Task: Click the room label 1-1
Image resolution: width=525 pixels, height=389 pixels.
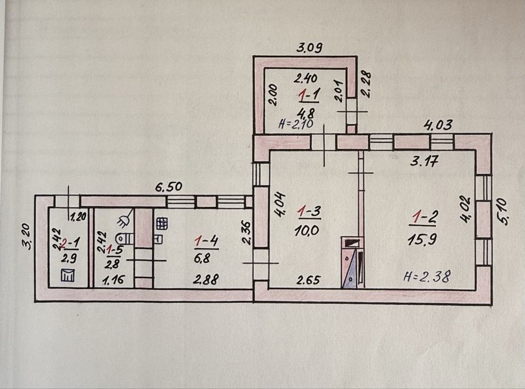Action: pos(306,96)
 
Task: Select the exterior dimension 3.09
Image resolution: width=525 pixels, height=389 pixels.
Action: pos(309,48)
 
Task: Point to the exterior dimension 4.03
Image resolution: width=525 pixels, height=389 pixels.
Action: pos(438,126)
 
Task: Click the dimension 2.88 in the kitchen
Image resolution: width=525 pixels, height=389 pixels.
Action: pos(205,280)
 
